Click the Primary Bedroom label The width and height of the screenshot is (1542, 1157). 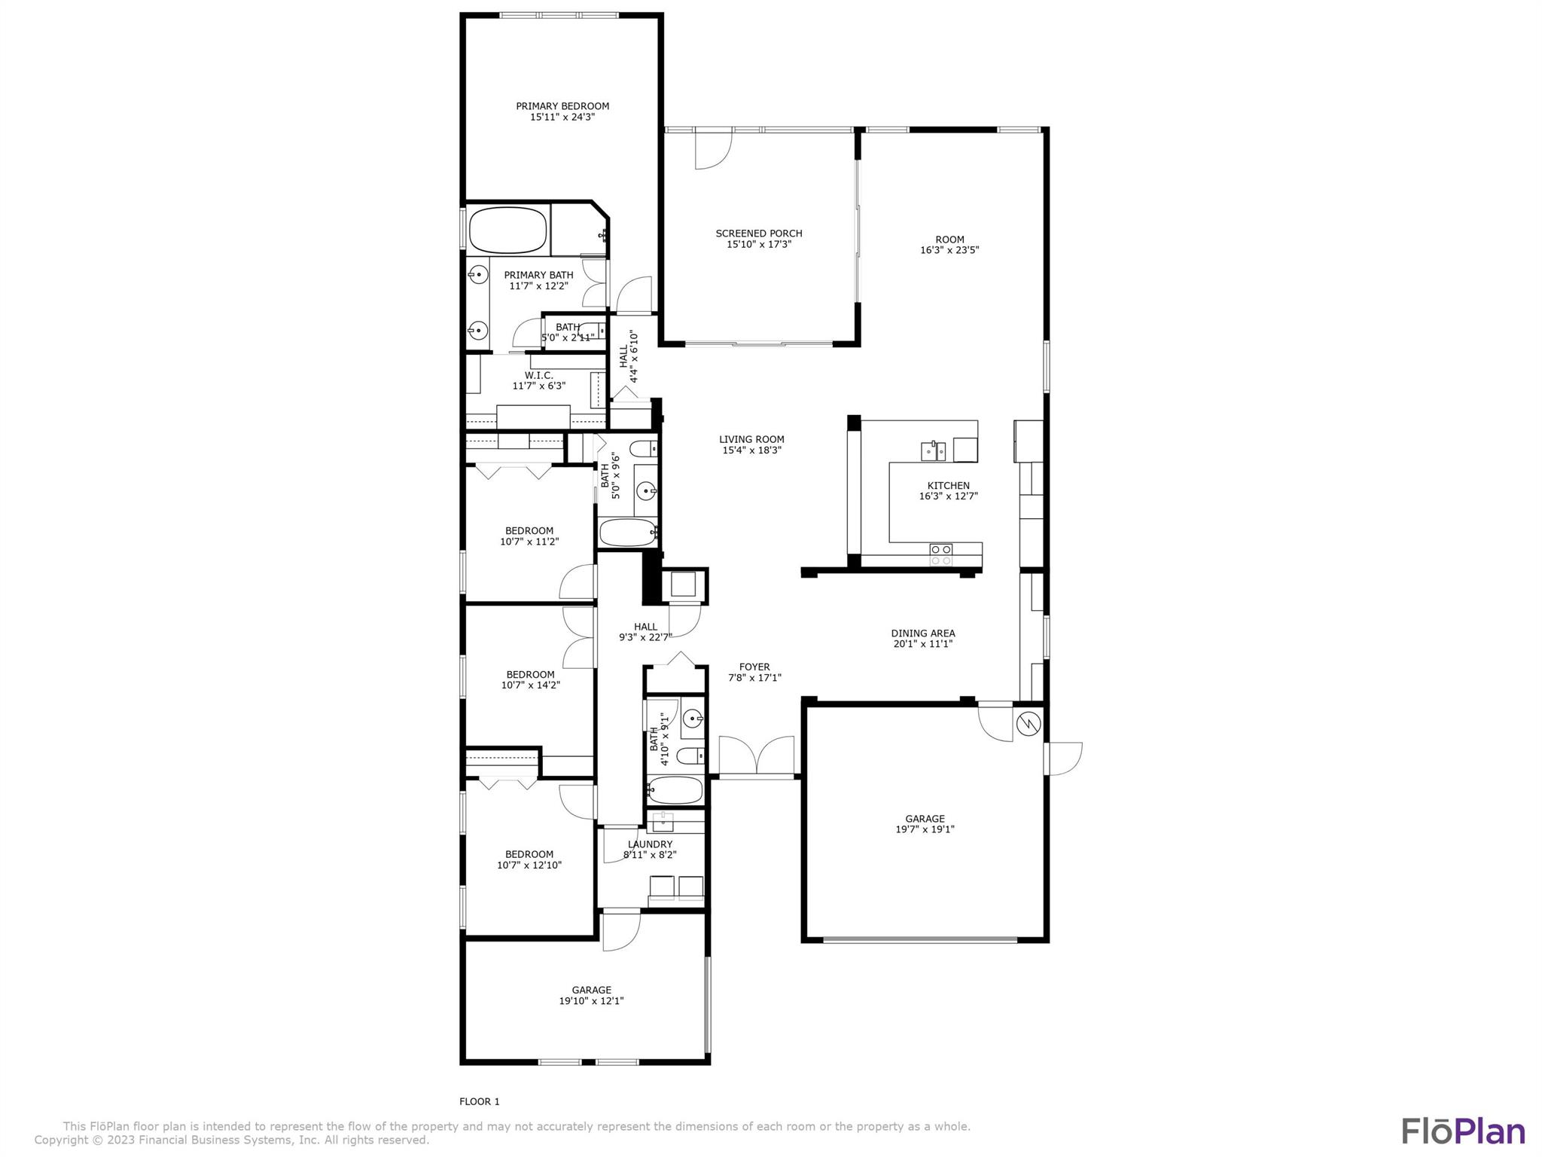pos(562,106)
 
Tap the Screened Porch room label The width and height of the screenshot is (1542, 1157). pos(759,234)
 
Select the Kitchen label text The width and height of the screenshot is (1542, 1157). pos(949,486)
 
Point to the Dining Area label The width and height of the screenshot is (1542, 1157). pos(923,633)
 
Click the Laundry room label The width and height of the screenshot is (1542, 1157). pos(651,844)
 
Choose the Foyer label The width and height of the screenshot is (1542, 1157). pos(754,667)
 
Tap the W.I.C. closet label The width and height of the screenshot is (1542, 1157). pos(539,375)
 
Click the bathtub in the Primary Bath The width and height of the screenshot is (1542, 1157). pos(508,230)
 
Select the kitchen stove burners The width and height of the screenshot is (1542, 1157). pos(941,554)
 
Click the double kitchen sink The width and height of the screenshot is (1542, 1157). pos(934,451)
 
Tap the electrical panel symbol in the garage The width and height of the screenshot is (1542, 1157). pos(1029,724)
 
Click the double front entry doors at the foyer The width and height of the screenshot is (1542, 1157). pos(756,756)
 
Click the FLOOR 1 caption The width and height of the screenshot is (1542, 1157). pos(480,1101)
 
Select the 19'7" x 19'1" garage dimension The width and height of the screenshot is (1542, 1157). pos(925,829)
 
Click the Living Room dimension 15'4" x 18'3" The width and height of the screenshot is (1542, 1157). pos(751,450)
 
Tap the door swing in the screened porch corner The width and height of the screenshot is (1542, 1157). pos(713,150)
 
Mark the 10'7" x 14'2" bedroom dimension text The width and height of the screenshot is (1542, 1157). pos(531,685)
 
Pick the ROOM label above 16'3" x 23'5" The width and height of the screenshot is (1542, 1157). pos(949,240)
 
